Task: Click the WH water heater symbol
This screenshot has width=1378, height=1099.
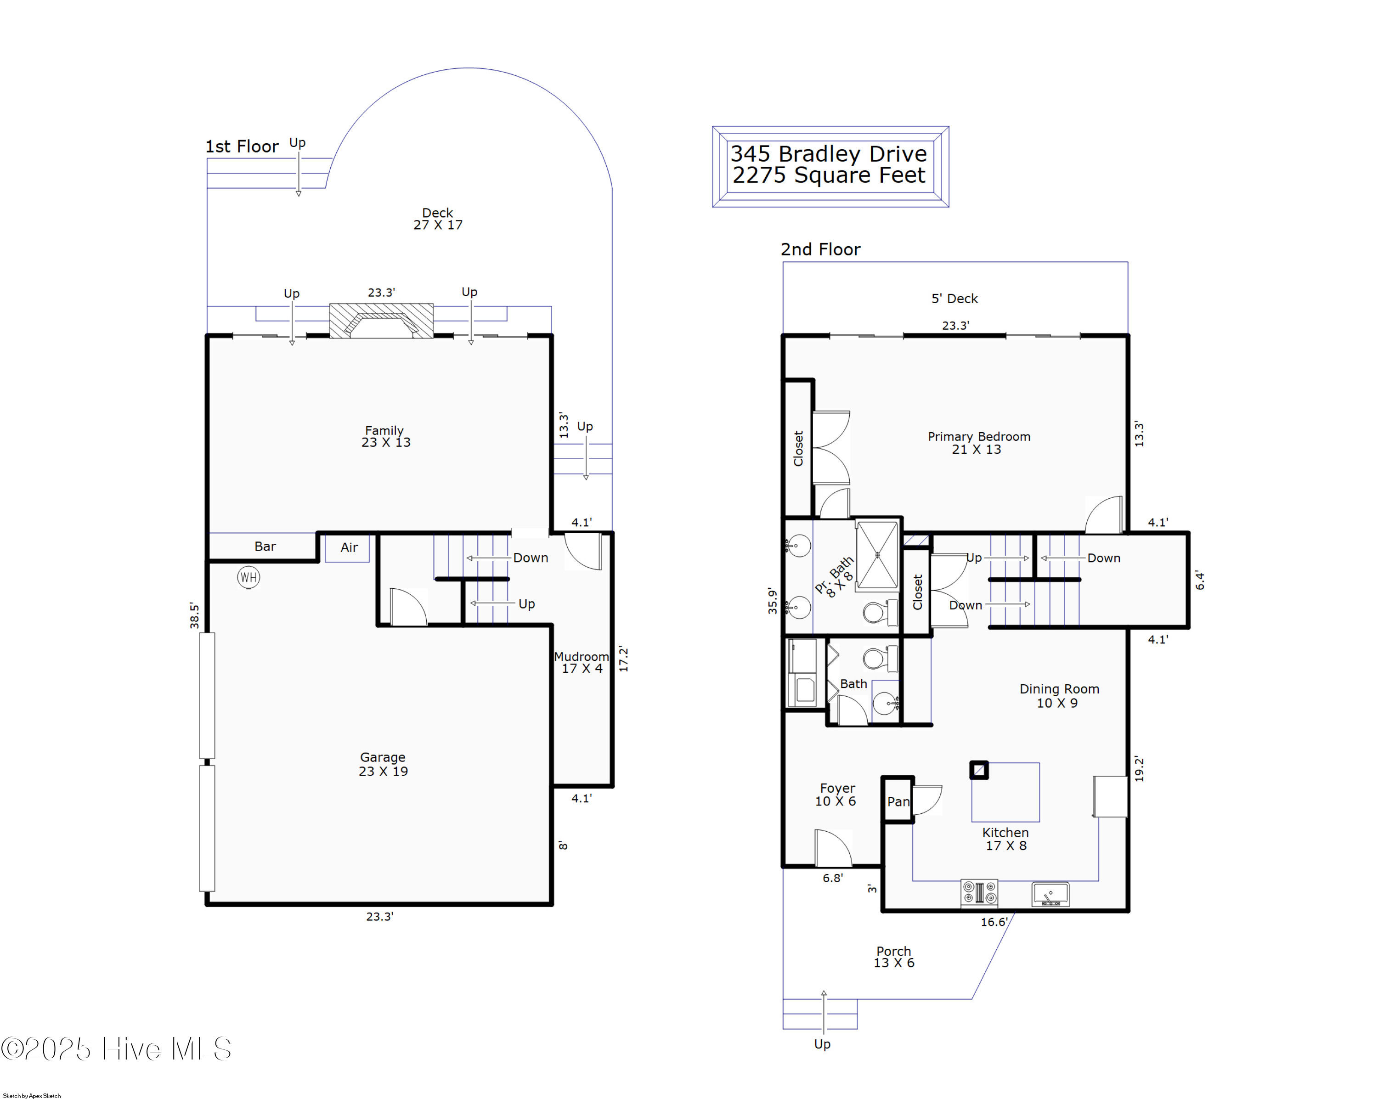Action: point(248,578)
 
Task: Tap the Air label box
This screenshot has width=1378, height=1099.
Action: point(348,547)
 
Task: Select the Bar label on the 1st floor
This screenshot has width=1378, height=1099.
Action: point(265,547)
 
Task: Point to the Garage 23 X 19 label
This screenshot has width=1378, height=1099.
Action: point(383,764)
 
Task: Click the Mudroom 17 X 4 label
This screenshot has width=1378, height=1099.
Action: point(582,663)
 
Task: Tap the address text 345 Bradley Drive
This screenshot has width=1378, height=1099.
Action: point(829,154)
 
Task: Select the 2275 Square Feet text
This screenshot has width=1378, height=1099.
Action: point(829,175)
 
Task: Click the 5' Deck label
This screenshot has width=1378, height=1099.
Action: point(954,299)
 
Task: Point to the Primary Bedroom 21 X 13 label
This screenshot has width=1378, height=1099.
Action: point(978,443)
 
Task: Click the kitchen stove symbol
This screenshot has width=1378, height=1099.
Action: point(979,893)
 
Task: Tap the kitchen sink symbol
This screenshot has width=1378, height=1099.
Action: point(1050,893)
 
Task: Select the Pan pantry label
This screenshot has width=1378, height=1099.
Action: point(898,802)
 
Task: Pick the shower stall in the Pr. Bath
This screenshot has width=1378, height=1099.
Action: point(877,555)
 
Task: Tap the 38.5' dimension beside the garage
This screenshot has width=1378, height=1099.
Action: point(194,616)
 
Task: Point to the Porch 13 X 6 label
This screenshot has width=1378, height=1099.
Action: point(893,957)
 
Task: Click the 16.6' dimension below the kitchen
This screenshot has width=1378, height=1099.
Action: point(994,922)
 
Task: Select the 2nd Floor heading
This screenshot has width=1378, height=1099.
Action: point(821,249)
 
